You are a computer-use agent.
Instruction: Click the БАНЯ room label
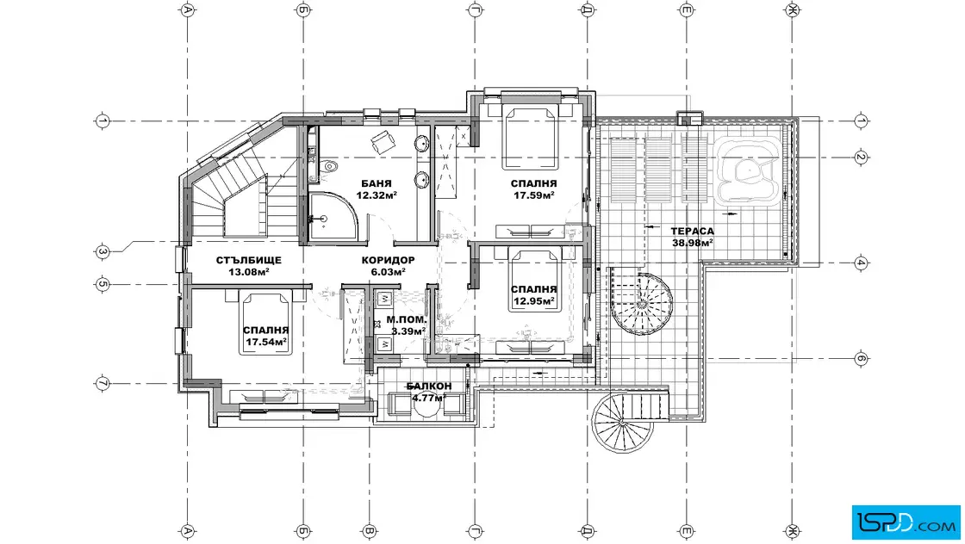tap(376, 183)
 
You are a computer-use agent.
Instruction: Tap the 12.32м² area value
tap(376, 195)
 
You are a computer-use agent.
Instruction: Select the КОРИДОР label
tap(388, 260)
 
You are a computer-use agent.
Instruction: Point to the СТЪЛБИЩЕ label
tap(249, 260)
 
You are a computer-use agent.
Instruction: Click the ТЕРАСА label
tap(693, 232)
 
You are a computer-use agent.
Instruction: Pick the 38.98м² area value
tap(693, 243)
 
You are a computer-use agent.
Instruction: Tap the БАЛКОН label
tap(429, 386)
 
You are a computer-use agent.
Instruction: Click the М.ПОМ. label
tap(406, 319)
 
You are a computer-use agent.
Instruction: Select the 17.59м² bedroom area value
tap(533, 195)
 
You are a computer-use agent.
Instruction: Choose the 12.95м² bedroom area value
tap(533, 301)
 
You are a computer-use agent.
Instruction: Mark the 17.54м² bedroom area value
tap(266, 342)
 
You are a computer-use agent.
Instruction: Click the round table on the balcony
tap(423, 407)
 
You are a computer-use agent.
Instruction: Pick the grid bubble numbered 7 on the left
tap(103, 383)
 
